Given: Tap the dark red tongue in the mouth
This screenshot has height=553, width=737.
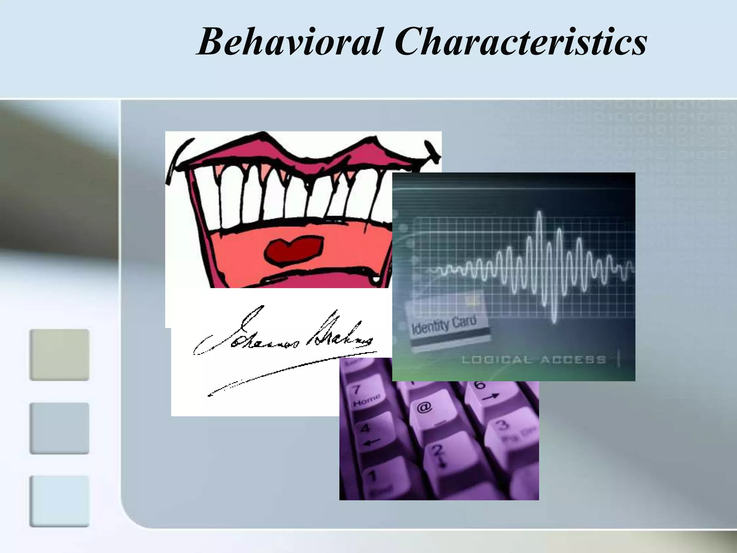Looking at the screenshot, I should (293, 249).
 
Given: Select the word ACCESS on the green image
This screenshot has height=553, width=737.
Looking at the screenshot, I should (573, 360).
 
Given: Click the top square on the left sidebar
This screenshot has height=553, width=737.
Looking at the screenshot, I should (59, 355).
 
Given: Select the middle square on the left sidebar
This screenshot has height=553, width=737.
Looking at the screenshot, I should (59, 428).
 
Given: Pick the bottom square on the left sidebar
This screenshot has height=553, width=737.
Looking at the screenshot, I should (59, 501).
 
